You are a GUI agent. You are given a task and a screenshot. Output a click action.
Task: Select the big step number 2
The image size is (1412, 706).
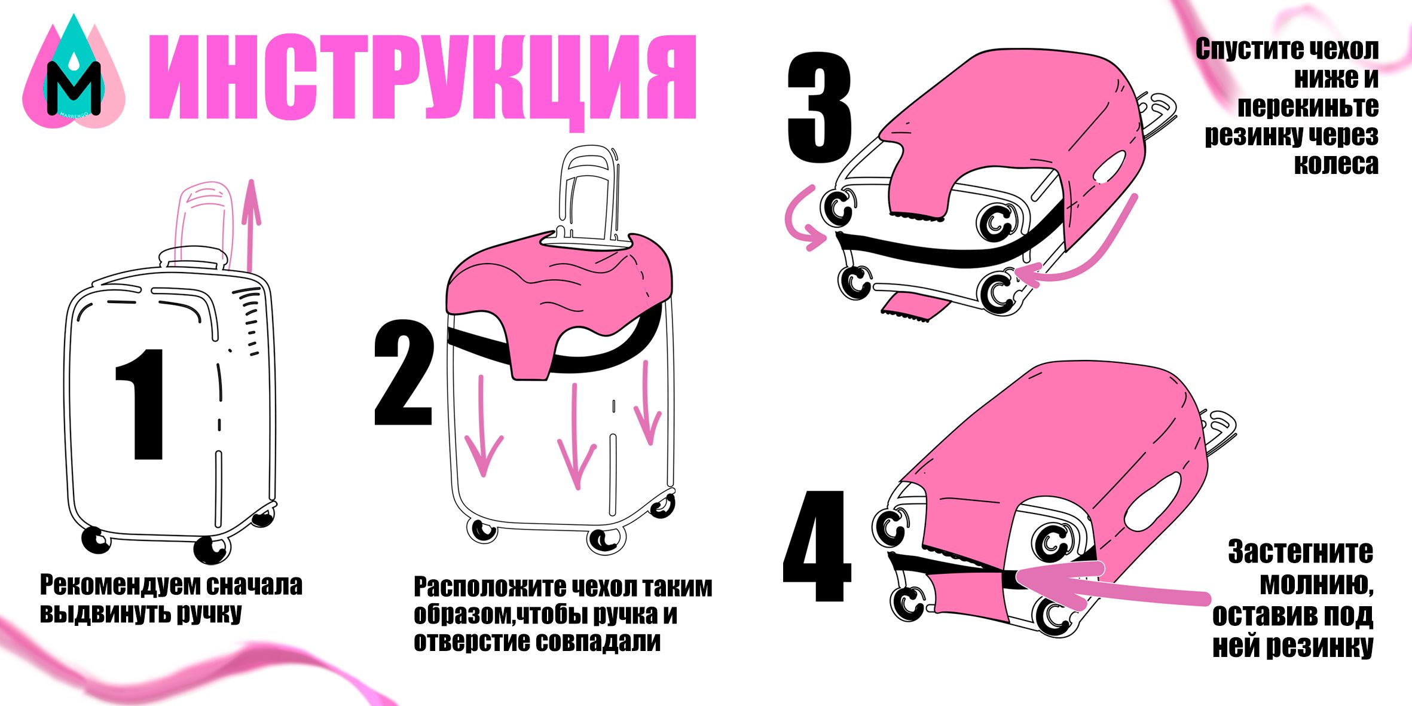tap(404, 373)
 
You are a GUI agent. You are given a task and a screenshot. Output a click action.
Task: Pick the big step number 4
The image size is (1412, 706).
tap(817, 546)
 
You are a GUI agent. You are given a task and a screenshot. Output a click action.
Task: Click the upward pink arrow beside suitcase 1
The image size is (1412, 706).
tap(253, 226)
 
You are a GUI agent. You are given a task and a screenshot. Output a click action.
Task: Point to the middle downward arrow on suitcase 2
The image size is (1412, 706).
tap(576, 436)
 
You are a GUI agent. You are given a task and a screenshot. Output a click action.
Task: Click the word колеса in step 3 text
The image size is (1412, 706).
tap(1336, 164)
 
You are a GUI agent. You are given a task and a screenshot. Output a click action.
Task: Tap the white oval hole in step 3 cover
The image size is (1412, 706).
tap(1110, 166)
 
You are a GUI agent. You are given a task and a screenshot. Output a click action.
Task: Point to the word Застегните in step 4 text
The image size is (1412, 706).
tap(1301, 552)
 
